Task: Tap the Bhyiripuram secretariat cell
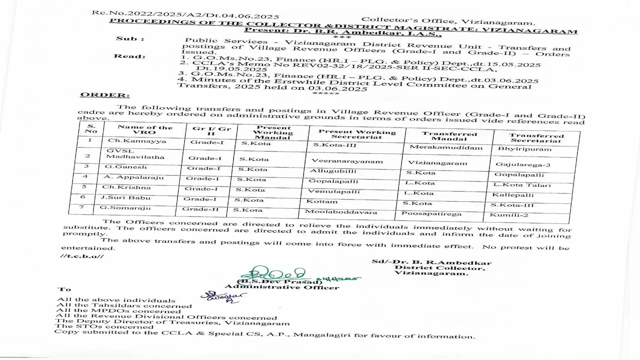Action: (523, 149)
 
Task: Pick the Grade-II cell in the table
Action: (203, 209)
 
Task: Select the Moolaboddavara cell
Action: (341, 212)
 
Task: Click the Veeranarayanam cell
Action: (340, 161)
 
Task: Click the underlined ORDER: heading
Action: (98, 94)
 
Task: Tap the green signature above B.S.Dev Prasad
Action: (272, 274)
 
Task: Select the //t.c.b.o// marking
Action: (82, 256)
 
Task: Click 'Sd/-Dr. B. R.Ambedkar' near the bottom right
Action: (431, 263)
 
